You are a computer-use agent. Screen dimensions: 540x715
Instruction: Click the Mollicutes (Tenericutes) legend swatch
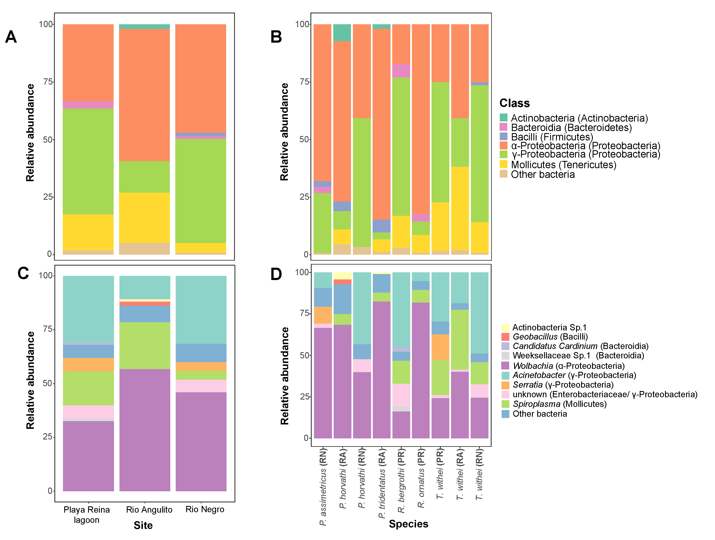click(503, 164)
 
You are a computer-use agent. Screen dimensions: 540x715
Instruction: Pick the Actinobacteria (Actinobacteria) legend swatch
click(503, 118)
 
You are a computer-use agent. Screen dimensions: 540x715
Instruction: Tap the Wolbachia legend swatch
click(505, 366)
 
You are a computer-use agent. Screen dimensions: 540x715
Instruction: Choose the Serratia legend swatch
click(505, 385)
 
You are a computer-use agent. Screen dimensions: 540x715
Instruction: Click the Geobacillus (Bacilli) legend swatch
click(505, 336)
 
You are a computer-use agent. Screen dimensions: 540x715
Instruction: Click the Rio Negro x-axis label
click(205, 509)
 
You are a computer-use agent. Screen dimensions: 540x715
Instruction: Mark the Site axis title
click(143, 525)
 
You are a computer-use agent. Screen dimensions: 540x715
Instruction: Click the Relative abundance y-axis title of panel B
click(284, 132)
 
